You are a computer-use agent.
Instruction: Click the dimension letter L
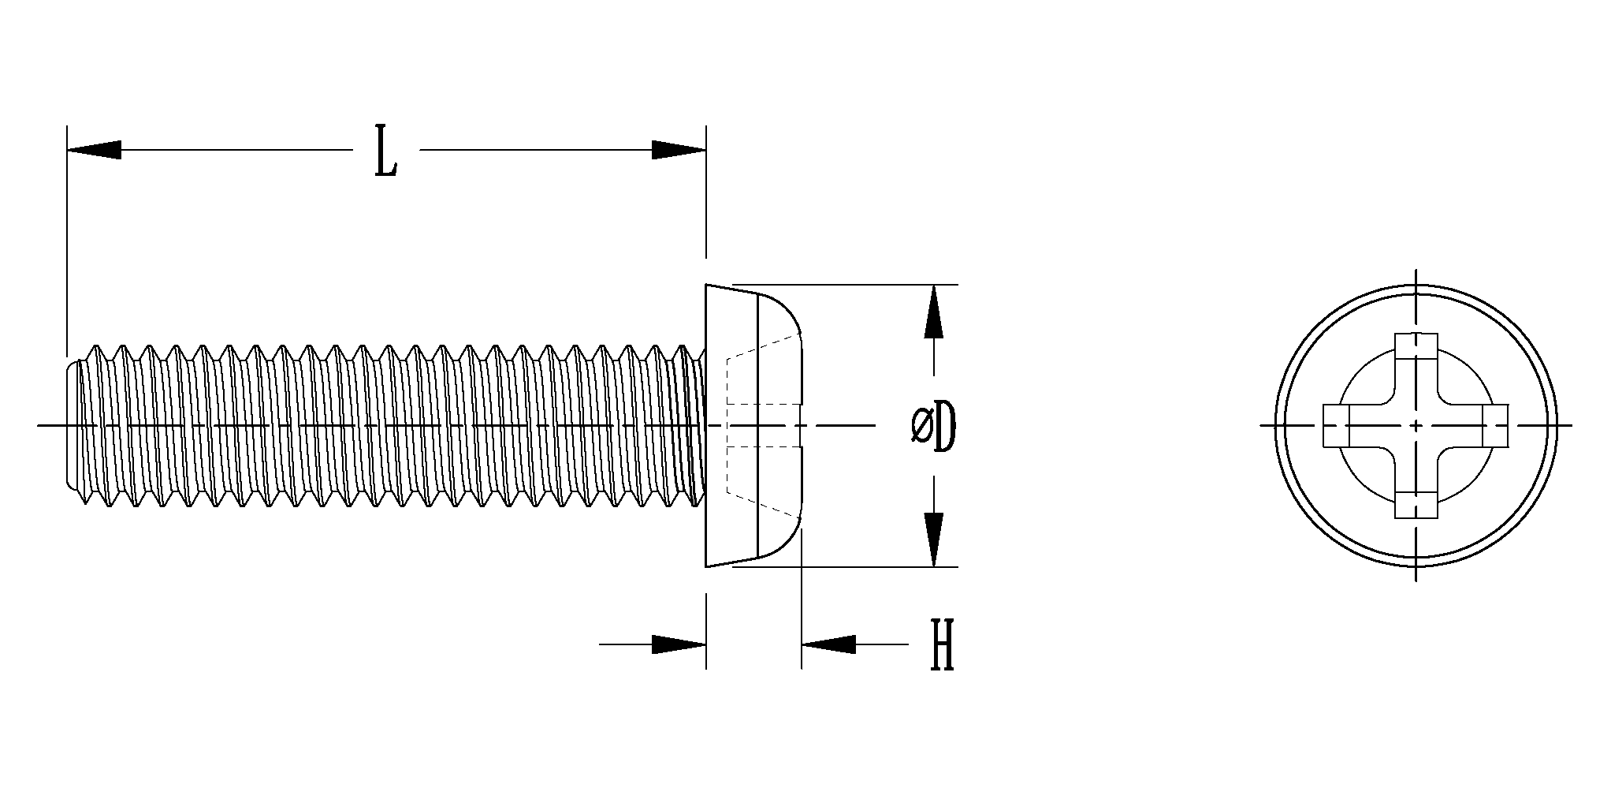[385, 150]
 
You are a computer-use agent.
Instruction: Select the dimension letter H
[942, 644]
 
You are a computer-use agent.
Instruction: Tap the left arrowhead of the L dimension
[94, 150]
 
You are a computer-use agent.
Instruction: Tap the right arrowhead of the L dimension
[679, 150]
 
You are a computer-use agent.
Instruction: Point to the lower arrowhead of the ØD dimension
[934, 540]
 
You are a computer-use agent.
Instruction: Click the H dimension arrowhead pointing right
[679, 644]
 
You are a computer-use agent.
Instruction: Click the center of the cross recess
[1416, 426]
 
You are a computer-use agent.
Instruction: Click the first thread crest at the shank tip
[96, 349]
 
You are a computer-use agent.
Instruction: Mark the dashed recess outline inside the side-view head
[729, 426]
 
